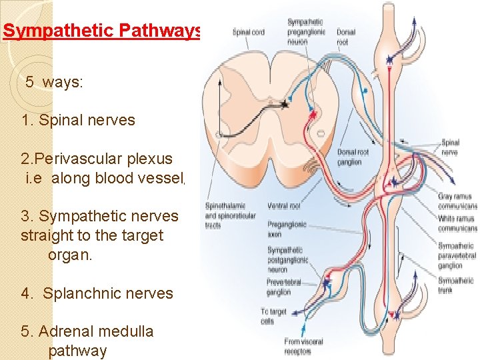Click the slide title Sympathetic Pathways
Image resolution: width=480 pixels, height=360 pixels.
[x=101, y=31]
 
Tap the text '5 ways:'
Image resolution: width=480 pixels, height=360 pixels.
[x=54, y=83]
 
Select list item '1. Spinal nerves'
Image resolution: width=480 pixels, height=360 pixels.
[x=78, y=120]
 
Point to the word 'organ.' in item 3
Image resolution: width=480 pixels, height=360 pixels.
[x=70, y=255]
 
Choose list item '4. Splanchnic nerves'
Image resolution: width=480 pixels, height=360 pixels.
[x=97, y=293]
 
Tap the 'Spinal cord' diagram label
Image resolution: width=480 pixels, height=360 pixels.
[x=248, y=32]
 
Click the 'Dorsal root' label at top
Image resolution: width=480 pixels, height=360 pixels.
[x=346, y=36]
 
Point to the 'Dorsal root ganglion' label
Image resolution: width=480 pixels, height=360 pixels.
[x=353, y=157]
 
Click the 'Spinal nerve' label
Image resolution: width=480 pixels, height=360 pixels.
[x=450, y=147]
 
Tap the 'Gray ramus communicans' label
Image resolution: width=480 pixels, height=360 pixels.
[x=457, y=201]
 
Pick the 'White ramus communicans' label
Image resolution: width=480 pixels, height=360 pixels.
[x=457, y=223]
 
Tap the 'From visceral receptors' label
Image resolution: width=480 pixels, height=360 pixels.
[x=303, y=345]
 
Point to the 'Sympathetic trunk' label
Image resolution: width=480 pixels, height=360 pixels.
[x=456, y=285]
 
